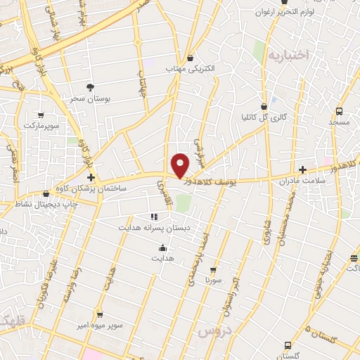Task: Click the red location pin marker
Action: (x=181, y=165)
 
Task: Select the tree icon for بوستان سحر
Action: (x=90, y=87)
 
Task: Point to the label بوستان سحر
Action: (x=90, y=99)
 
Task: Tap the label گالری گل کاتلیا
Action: (x=264, y=117)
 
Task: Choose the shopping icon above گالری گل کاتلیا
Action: (x=264, y=106)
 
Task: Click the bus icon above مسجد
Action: (x=340, y=111)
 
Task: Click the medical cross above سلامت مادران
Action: (x=303, y=169)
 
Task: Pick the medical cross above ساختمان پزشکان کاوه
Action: (x=91, y=177)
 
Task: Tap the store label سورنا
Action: (x=213, y=280)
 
